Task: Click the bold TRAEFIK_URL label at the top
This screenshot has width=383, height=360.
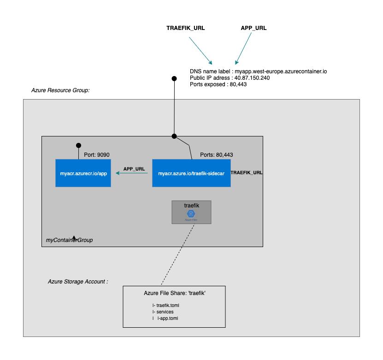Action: pos(185,28)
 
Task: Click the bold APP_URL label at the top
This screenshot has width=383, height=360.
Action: pos(253,28)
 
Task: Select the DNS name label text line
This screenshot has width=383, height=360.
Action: pos(258,71)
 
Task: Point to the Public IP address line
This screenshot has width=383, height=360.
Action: pos(230,78)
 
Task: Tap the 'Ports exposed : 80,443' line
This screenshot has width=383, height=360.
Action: pos(218,84)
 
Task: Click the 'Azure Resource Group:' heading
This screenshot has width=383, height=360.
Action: pos(60,90)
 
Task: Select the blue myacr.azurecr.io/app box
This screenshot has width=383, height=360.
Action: pos(83,173)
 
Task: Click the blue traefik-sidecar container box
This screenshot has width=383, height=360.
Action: pos(191,173)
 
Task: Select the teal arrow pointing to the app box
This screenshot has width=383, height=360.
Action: pos(131,173)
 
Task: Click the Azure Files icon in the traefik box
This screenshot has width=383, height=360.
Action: pos(191,214)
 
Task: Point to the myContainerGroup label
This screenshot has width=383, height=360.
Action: pos(69,240)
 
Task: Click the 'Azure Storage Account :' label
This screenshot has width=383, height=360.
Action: pos(78,281)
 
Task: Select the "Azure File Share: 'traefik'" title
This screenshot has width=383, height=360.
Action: pos(174,293)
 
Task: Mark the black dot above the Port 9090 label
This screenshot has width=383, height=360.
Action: pos(78,145)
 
